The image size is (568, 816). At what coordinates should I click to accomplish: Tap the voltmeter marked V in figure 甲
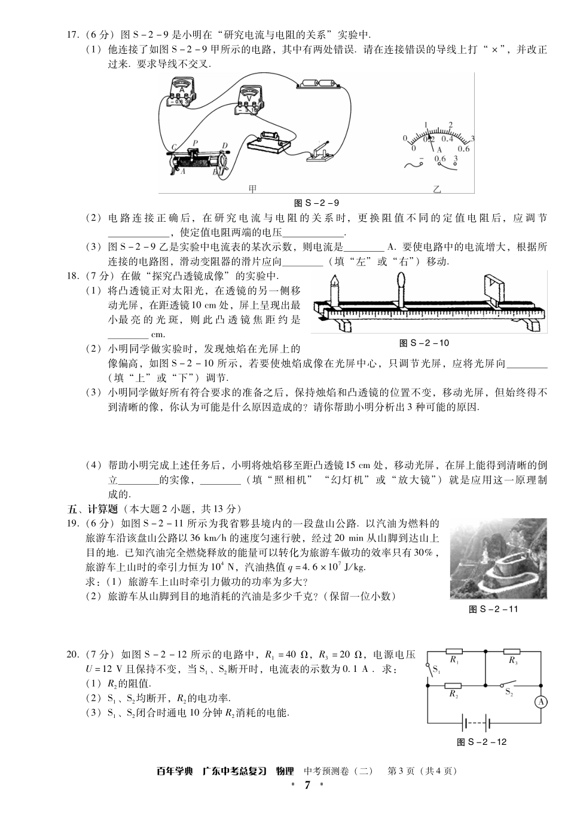246,98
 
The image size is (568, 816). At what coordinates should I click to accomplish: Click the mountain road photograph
498,558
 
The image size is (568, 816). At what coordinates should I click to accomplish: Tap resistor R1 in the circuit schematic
455,652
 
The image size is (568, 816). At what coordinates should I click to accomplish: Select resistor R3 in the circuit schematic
512,652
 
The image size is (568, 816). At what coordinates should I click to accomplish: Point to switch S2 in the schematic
509,684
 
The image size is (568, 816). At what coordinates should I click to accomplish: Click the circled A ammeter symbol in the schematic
540,702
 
